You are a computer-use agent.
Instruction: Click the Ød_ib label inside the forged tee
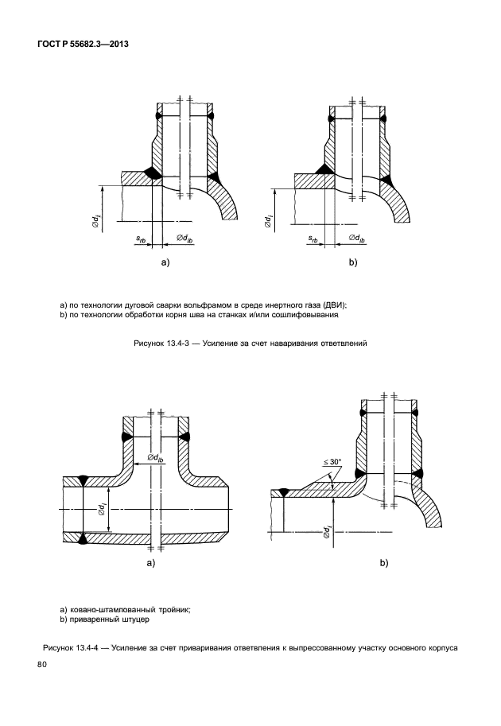(x=156, y=459)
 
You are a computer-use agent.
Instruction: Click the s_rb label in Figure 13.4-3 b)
(x=315, y=239)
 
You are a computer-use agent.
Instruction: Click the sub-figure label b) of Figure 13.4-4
(x=383, y=563)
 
